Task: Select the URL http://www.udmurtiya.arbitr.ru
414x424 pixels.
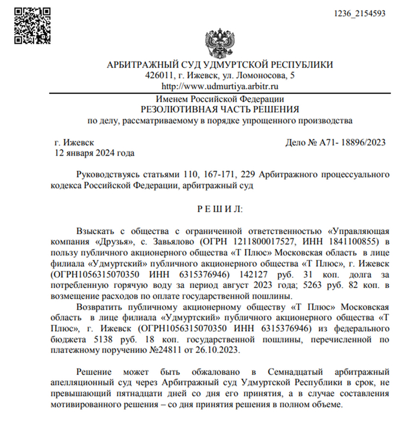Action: click(219, 87)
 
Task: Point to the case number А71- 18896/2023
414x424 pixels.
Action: click(344, 142)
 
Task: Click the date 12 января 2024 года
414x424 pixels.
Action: click(93, 153)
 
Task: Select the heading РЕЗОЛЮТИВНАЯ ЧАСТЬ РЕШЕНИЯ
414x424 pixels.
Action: click(219, 109)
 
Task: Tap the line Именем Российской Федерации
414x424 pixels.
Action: click(219, 99)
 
